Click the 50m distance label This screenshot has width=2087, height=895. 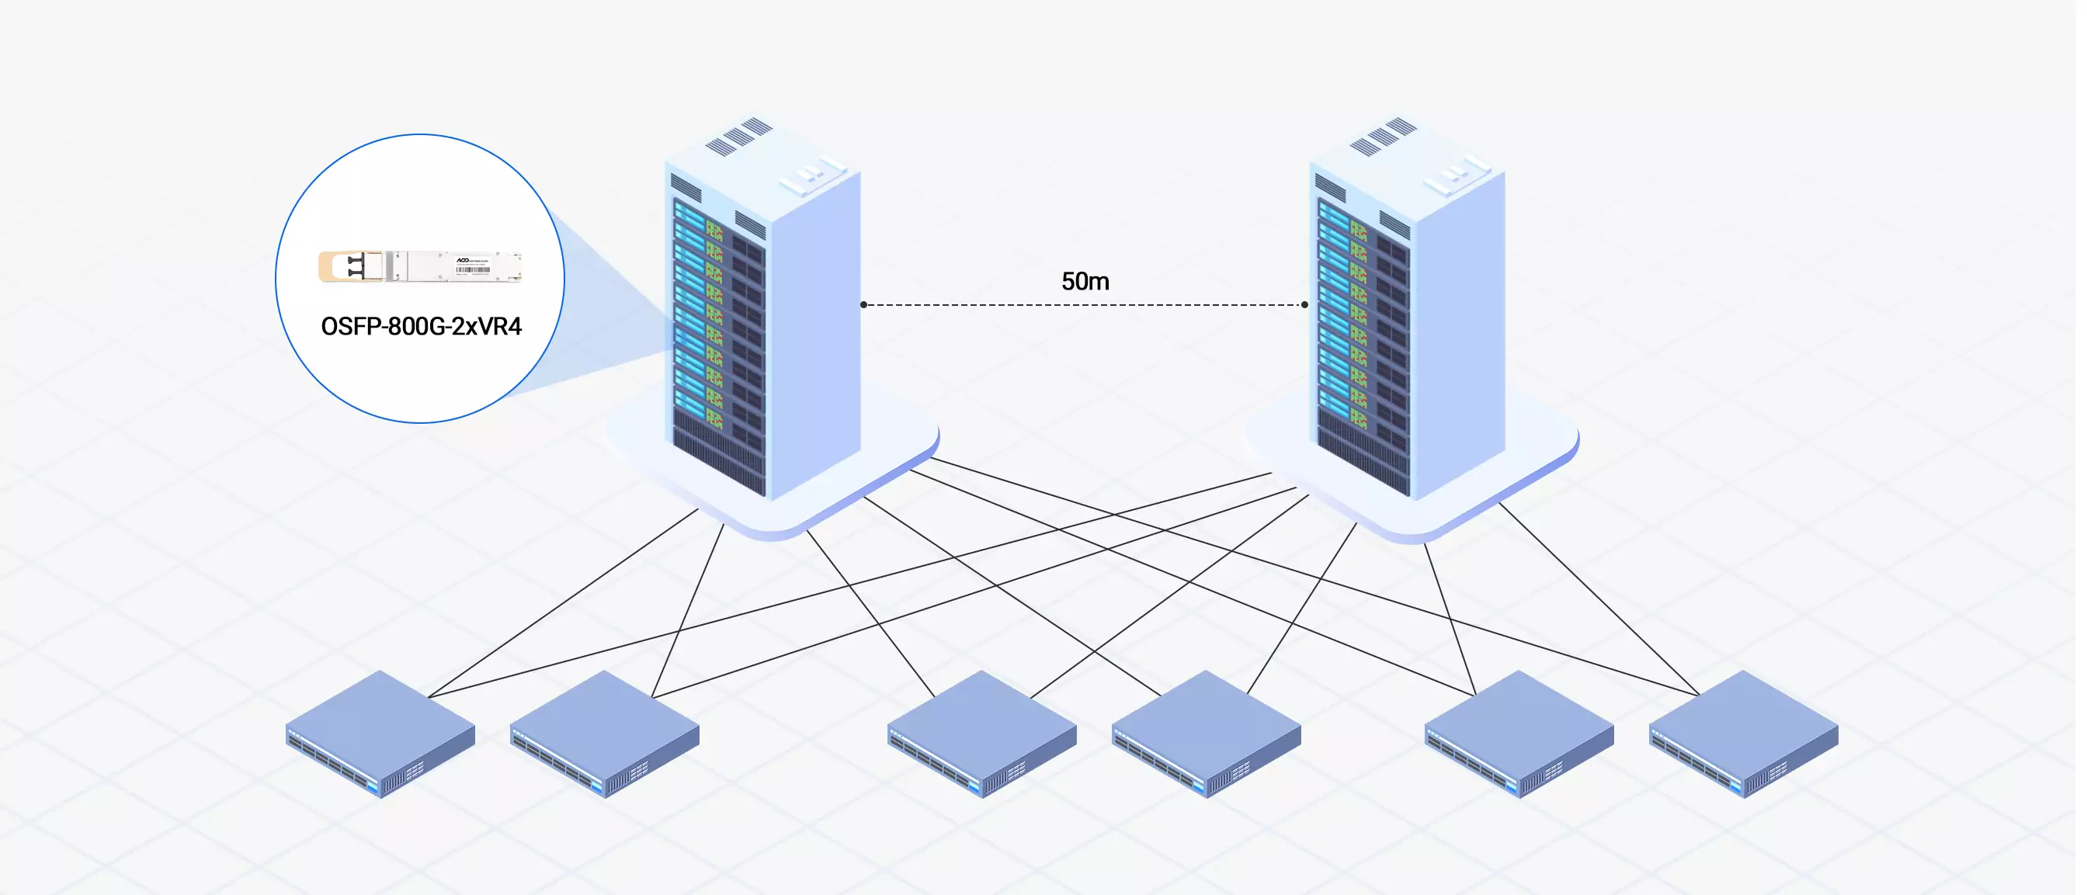1085,281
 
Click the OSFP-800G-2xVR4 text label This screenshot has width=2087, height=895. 421,327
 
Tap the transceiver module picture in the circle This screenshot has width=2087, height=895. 422,266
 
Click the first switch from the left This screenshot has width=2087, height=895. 380,733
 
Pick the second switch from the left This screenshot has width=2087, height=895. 604,733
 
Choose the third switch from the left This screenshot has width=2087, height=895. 982,733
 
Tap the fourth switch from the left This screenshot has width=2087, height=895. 1207,733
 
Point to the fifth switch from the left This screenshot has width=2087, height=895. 1519,733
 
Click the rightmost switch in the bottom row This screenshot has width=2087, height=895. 1744,733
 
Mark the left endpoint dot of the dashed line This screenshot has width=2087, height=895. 863,304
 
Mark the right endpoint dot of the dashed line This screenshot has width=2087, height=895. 1304,304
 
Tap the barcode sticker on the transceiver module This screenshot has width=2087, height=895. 473,269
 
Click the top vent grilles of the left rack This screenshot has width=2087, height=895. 739,135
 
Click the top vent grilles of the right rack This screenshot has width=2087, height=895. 1383,135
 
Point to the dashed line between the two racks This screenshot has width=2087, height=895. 1085,305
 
